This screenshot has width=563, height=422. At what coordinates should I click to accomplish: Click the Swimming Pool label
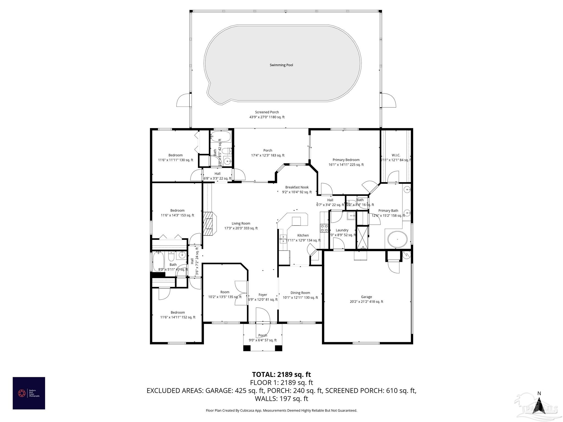click(281, 65)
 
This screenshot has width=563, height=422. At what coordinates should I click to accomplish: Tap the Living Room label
click(241, 223)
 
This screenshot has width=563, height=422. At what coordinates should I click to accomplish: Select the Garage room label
click(366, 297)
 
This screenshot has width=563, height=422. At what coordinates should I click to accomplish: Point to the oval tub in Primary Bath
click(397, 239)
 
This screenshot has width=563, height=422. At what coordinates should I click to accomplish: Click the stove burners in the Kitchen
click(324, 228)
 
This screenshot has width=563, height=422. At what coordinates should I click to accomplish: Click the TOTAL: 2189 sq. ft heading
click(281, 374)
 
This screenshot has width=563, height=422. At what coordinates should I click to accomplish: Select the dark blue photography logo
click(29, 393)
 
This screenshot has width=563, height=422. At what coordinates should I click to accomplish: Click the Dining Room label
click(300, 293)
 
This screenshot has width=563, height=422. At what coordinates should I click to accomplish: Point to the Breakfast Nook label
click(297, 187)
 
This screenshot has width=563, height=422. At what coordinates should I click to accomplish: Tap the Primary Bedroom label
click(346, 160)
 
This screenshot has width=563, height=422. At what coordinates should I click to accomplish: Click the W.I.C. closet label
click(396, 155)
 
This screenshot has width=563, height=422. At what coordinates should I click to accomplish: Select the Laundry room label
click(342, 230)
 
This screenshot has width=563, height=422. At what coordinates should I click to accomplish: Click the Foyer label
click(263, 295)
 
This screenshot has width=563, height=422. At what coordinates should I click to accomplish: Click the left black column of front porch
click(247, 348)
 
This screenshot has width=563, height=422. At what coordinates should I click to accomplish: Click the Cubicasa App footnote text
click(281, 410)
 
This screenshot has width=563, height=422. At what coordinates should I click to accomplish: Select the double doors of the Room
click(241, 293)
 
